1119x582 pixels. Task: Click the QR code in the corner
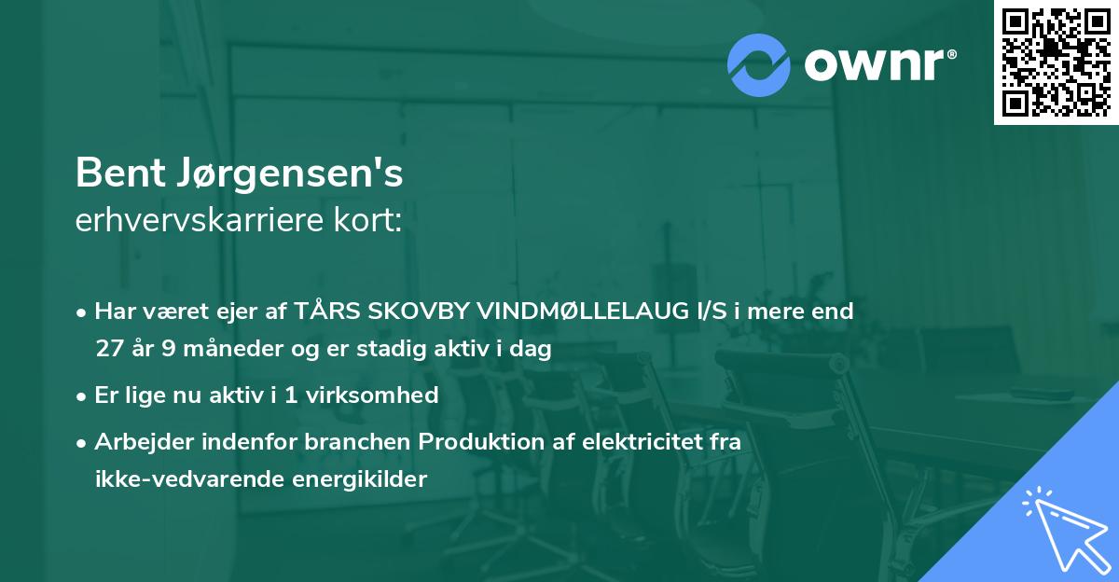(x=1056, y=62)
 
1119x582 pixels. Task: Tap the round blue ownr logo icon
(x=759, y=64)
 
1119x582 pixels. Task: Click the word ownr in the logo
(x=877, y=64)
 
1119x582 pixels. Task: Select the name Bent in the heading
(x=112, y=173)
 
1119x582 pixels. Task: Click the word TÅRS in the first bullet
(x=328, y=312)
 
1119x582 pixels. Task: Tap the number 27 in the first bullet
(x=109, y=350)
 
